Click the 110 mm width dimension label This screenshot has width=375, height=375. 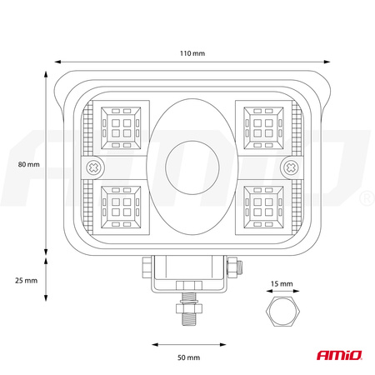(x=192, y=53)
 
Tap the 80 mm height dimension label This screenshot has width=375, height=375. (x=29, y=164)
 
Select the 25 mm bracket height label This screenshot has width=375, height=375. (x=27, y=281)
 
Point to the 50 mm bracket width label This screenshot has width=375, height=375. (x=189, y=357)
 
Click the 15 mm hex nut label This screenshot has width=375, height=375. (x=282, y=284)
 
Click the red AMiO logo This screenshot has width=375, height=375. (x=339, y=355)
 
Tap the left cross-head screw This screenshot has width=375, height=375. (x=94, y=167)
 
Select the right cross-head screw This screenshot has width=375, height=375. (x=291, y=167)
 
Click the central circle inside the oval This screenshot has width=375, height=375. (x=192, y=167)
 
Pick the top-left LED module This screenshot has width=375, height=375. (x=121, y=128)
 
